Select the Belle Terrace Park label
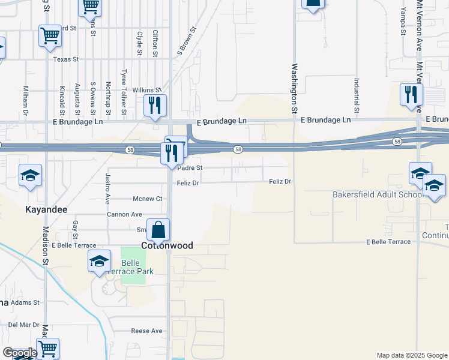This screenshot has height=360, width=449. click(137, 267)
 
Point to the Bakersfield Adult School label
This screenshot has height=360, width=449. click(377, 194)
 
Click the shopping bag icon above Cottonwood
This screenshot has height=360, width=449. click(158, 230)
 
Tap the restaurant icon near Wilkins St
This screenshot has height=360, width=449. click(155, 106)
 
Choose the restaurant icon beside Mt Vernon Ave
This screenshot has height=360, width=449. click(411, 95)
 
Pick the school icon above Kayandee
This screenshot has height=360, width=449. click(30, 175)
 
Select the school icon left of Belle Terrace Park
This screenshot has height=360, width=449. click(99, 261)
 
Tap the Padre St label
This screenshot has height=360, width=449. click(190, 169)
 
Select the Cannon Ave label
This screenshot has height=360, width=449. click(124, 214)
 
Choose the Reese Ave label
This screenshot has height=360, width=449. click(147, 331)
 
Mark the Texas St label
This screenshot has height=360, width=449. click(66, 59)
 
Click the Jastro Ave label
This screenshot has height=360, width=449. click(108, 187)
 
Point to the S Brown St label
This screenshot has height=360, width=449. click(187, 41)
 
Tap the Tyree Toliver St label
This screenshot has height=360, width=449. click(124, 92)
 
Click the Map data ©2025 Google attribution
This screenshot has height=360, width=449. click(412, 355)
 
